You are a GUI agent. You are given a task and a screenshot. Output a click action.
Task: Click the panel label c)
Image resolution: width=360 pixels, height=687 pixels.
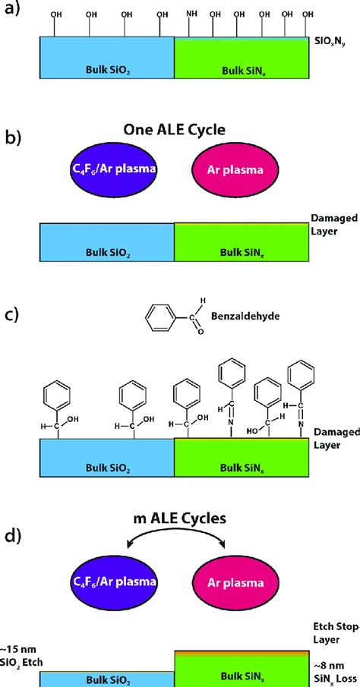[x=13, y=313]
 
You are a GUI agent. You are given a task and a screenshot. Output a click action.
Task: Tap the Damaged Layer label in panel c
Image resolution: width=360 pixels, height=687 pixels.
[x=332, y=439]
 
